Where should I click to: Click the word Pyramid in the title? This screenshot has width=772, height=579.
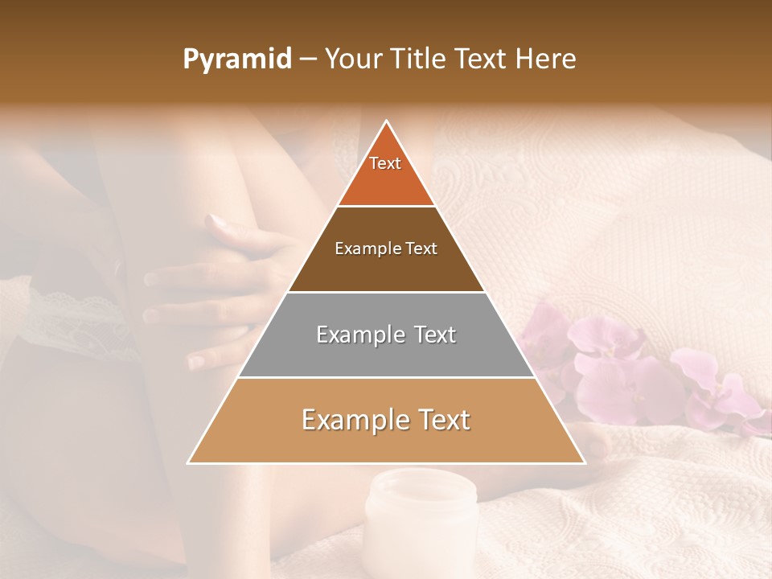pos(236,60)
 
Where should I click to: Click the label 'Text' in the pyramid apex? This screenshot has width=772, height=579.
pos(385,163)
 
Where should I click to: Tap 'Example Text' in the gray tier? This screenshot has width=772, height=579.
pos(386,335)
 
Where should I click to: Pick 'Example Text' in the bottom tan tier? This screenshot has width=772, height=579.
pos(386,420)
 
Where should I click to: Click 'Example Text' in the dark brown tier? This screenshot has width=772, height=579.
pos(386,248)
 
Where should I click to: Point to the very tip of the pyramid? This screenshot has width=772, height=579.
pos(387,121)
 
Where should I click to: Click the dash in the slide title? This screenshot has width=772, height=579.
pos(308,60)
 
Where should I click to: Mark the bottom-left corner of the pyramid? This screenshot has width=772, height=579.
pos(188,463)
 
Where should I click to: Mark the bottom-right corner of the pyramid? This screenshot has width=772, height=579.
pos(585,463)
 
